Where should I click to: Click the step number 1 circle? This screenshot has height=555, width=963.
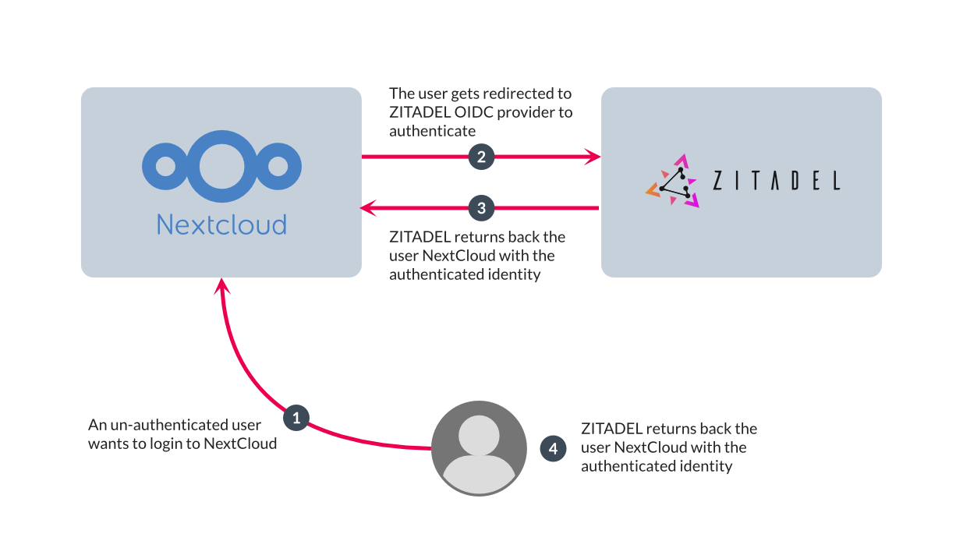point(296,418)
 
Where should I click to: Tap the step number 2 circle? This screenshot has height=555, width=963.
point(481,157)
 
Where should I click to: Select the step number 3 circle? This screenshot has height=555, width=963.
point(481,208)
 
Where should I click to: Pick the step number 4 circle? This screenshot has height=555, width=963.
point(554,448)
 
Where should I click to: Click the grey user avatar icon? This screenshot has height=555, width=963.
point(479,449)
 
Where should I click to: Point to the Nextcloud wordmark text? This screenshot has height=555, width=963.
point(221,224)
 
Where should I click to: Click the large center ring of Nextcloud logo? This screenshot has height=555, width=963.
point(221,166)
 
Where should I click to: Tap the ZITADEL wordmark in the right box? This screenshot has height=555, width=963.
point(777,181)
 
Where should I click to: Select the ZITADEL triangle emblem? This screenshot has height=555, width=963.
point(672,181)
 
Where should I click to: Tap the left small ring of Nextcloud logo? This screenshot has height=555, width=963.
point(166,166)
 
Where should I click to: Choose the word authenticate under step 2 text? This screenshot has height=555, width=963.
point(432,131)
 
